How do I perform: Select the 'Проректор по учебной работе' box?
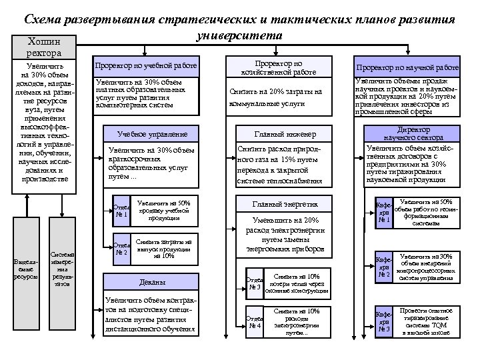pos(146,67)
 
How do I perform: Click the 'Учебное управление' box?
pos(148,133)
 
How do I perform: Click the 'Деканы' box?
pos(148,283)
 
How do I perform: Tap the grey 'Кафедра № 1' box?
pos(383,211)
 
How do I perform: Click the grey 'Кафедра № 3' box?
pos(383,321)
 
